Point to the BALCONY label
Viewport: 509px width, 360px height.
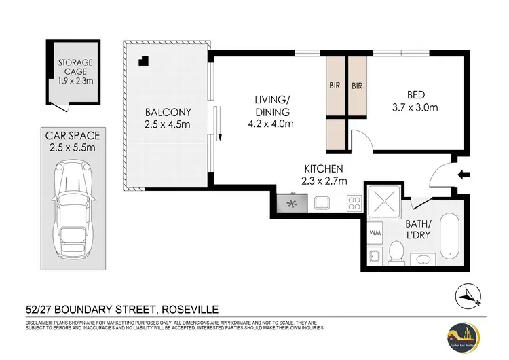tap(168, 112)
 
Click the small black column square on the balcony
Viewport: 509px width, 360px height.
tap(142, 61)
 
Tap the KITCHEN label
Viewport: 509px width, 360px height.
tap(323, 169)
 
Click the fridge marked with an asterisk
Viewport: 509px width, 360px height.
tap(293, 202)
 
